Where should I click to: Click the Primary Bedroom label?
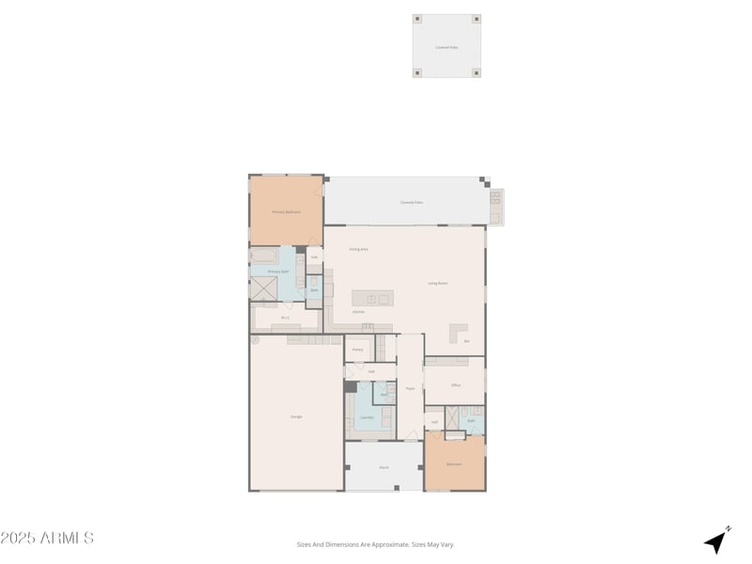pyautogui.click(x=286, y=212)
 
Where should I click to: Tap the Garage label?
pyautogui.click(x=296, y=415)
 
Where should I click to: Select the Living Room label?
pyautogui.click(x=437, y=283)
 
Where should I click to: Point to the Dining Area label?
pyautogui.click(x=358, y=249)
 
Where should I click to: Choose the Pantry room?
pyautogui.click(x=357, y=349)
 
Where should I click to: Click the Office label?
pyautogui.click(x=455, y=385)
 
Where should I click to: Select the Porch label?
pyautogui.click(x=384, y=467)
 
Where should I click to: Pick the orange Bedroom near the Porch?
pyautogui.click(x=454, y=464)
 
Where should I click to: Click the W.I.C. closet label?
pyautogui.click(x=285, y=318)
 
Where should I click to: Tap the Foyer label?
pyautogui.click(x=410, y=388)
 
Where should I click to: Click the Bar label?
pyautogui.click(x=467, y=341)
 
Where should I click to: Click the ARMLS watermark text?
pyautogui.click(x=47, y=538)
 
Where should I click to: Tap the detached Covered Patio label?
pyautogui.click(x=446, y=46)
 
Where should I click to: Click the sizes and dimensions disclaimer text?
pyautogui.click(x=375, y=543)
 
